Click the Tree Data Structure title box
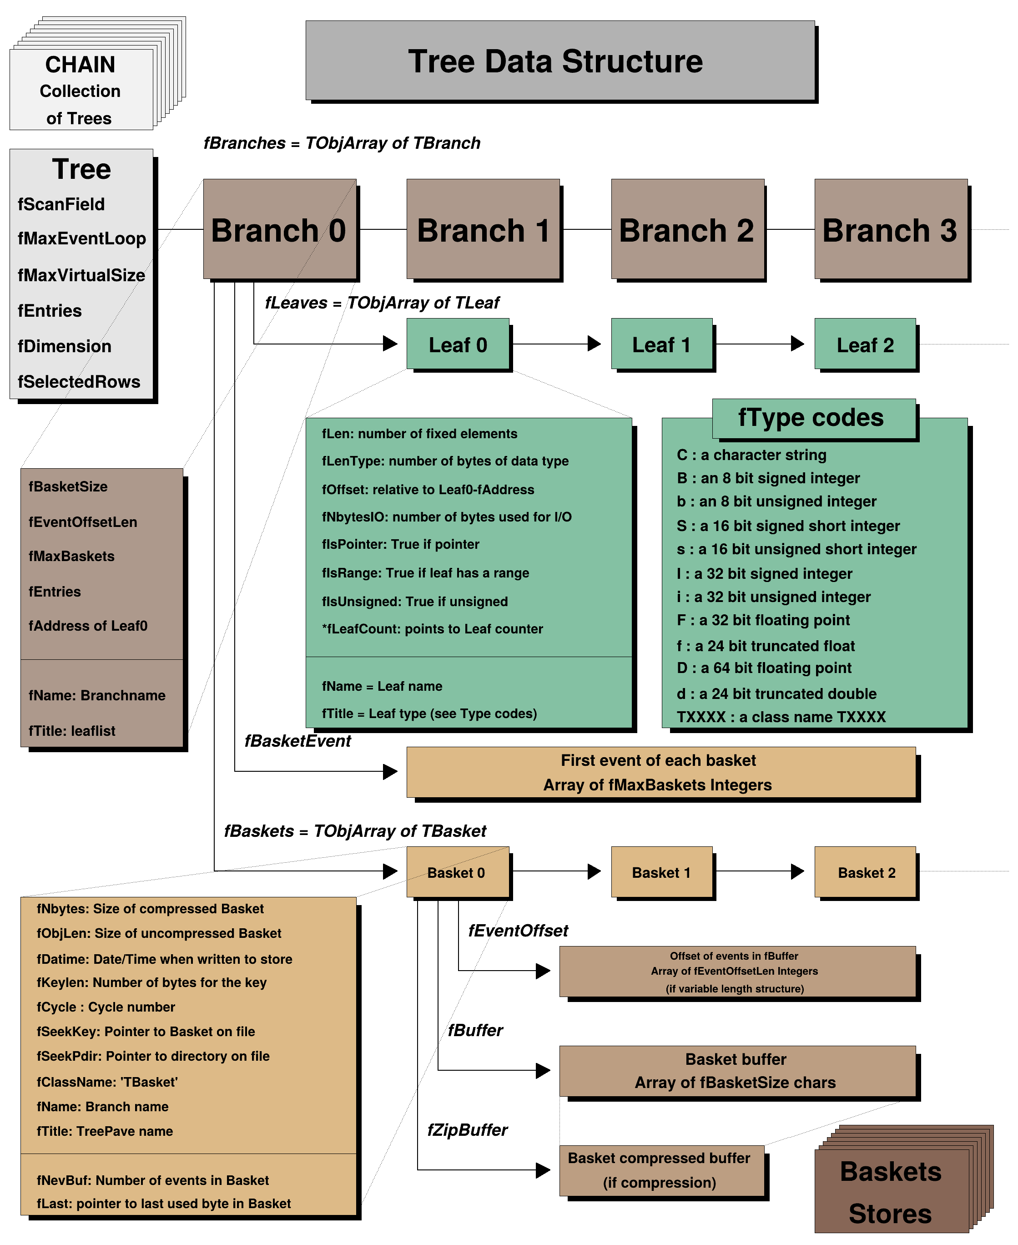[x=559, y=61]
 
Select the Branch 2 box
[x=687, y=229]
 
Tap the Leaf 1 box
[x=661, y=344]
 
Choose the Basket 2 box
[x=866, y=872]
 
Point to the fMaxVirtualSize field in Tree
[x=81, y=275]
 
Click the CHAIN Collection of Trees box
[x=81, y=90]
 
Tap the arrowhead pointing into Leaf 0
[x=390, y=344]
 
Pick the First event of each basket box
[x=661, y=772]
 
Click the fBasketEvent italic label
[x=297, y=741]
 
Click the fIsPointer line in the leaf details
[x=401, y=545]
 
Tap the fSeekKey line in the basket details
[x=146, y=1032]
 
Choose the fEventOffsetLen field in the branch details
[x=83, y=522]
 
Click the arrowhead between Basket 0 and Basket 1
[x=594, y=872]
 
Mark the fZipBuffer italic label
[x=467, y=1130]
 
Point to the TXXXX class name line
[x=781, y=717]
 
